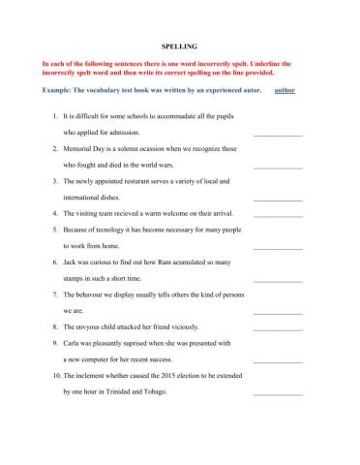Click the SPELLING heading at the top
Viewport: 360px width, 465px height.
(179, 45)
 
